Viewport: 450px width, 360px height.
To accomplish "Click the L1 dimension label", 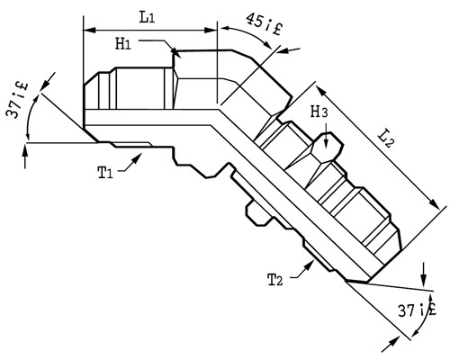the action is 147,18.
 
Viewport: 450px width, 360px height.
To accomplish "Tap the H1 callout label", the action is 123,44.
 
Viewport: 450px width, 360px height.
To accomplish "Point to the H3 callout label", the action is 319,112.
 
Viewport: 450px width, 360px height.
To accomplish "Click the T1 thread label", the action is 105,173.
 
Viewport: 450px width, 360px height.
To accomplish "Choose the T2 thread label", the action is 275,280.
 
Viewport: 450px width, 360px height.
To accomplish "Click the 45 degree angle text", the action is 265,24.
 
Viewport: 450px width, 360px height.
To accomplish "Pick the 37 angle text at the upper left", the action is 17,100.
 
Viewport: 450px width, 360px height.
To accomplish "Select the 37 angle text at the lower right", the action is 417,310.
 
